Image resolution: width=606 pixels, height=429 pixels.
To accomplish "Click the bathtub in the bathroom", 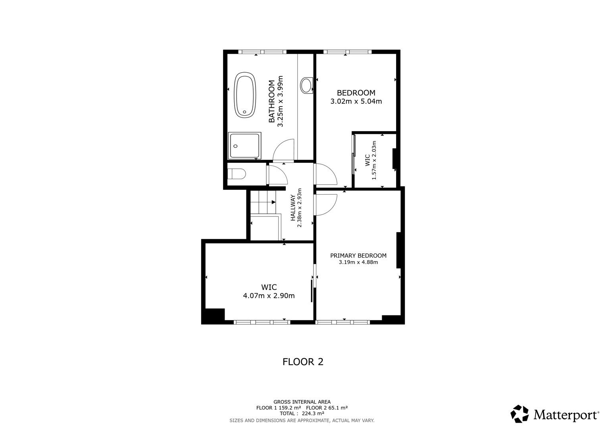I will [x=244, y=95].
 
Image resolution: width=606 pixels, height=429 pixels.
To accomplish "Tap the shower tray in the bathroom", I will [x=245, y=146].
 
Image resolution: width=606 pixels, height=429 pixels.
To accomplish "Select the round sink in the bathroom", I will [x=306, y=85].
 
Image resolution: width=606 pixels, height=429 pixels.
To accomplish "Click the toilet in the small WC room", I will [x=237, y=174].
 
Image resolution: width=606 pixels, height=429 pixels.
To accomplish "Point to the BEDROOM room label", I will [x=356, y=93].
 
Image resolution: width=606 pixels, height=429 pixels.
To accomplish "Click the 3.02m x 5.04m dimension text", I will [x=356, y=101].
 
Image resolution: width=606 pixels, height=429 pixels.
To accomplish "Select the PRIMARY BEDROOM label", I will [x=358, y=255].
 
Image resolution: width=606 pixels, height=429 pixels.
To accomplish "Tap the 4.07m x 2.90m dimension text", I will [x=268, y=296].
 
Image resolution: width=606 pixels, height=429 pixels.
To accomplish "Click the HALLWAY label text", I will [x=293, y=208].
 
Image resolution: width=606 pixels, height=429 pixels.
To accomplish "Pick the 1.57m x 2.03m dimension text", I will [x=374, y=160].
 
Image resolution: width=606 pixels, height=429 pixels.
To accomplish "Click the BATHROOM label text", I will [x=272, y=101].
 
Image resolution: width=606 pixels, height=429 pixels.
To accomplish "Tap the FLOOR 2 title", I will [x=303, y=362].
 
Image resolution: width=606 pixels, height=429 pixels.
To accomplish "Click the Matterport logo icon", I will [x=519, y=414].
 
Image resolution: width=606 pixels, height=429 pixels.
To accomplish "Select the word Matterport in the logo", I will [x=566, y=415].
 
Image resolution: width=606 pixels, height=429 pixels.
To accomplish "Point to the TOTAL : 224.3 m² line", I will [x=302, y=413].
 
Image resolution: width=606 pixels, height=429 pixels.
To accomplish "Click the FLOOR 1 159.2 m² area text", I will [x=279, y=408].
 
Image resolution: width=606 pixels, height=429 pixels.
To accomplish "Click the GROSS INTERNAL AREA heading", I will [x=302, y=402].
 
